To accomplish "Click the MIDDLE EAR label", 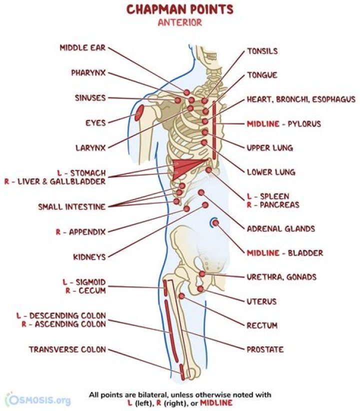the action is click(x=82, y=47).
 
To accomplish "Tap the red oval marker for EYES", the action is click(x=139, y=112).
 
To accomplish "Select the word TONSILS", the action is click(x=262, y=51).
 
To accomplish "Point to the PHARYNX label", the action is click(x=88, y=72).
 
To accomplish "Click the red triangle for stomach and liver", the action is click(x=186, y=168).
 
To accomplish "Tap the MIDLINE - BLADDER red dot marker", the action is click(x=215, y=223).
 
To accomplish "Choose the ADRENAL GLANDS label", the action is click(x=281, y=228).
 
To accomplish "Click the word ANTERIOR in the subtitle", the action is click(x=180, y=22).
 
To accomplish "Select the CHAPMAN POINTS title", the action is click(x=180, y=9).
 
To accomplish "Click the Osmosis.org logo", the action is click(x=38, y=399).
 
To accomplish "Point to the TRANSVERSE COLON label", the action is click(x=67, y=349).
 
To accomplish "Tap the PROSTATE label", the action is click(x=265, y=349).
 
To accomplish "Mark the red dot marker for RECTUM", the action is click(x=181, y=296).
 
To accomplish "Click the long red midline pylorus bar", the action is click(x=214, y=130).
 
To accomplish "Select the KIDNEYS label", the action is click(x=89, y=257).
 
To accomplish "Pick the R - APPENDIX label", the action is click(x=80, y=232).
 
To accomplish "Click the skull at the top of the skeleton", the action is click(x=206, y=57).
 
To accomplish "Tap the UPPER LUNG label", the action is click(x=270, y=148).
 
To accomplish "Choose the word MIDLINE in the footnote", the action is click(x=216, y=403).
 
